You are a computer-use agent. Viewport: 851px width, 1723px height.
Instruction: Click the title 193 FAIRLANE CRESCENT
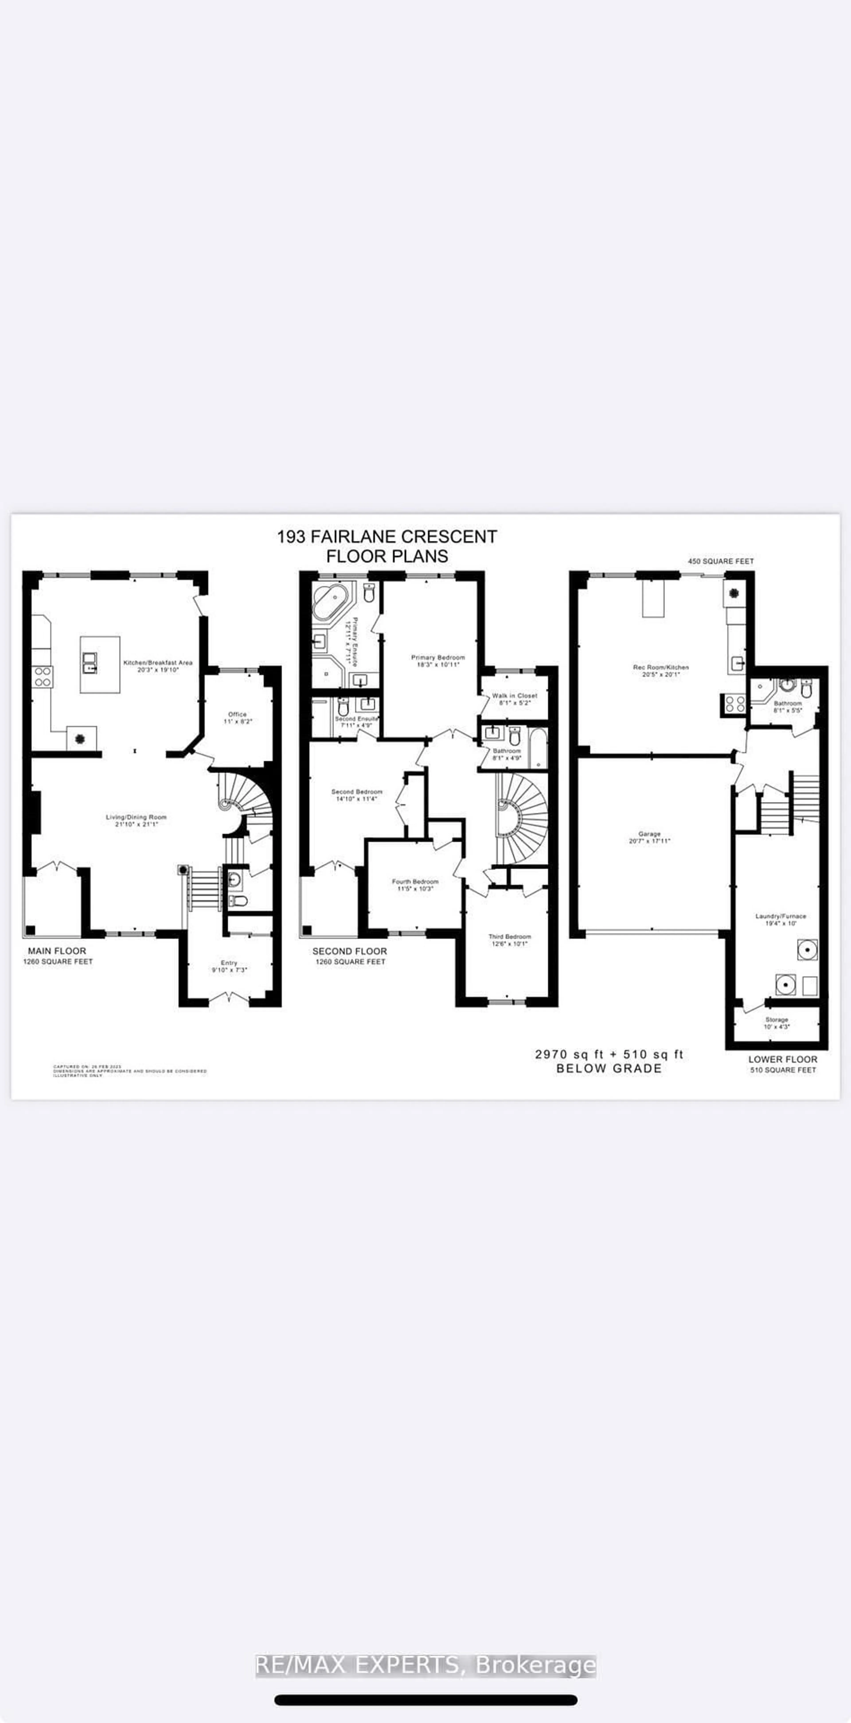[387, 536]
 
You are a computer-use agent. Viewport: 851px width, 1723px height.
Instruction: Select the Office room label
[237, 714]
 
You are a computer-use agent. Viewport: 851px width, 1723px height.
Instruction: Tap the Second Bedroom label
[357, 792]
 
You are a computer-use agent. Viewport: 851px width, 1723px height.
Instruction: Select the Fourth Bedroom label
[415, 882]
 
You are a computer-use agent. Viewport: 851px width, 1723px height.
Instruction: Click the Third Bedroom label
[509, 937]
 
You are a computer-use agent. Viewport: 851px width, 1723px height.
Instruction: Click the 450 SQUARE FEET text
[721, 561]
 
